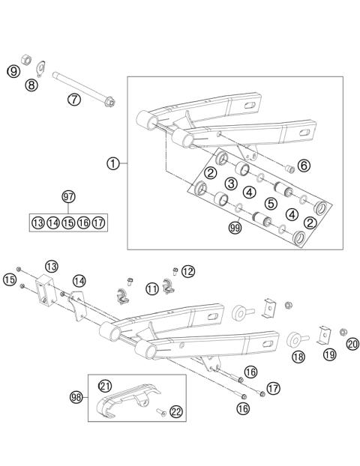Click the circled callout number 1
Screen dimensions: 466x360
point(113,163)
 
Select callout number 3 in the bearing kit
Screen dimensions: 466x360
point(232,184)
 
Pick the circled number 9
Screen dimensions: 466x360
point(13,71)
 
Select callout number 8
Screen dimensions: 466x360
point(31,85)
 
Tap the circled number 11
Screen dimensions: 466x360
point(152,288)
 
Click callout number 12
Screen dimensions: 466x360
point(187,270)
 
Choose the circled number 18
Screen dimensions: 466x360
point(298,358)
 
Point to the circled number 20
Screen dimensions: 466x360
point(352,345)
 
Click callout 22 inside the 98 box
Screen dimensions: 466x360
point(175,411)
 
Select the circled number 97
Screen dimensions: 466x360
point(69,196)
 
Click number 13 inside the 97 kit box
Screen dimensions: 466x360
point(37,223)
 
